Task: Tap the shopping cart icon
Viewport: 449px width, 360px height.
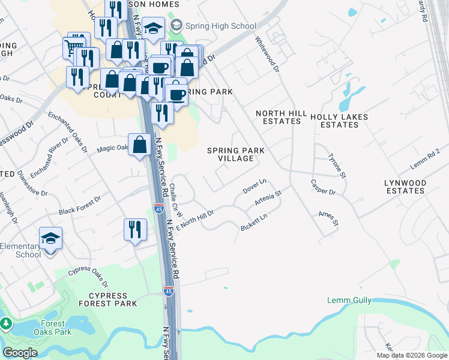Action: pyautogui.click(x=73, y=47)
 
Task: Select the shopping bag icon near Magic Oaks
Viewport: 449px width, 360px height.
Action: pyautogui.click(x=139, y=145)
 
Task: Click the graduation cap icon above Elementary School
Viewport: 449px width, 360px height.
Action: pyautogui.click(x=51, y=238)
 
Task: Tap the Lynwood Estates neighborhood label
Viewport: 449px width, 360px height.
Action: pyautogui.click(x=405, y=187)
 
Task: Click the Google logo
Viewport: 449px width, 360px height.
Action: pyautogui.click(x=20, y=353)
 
